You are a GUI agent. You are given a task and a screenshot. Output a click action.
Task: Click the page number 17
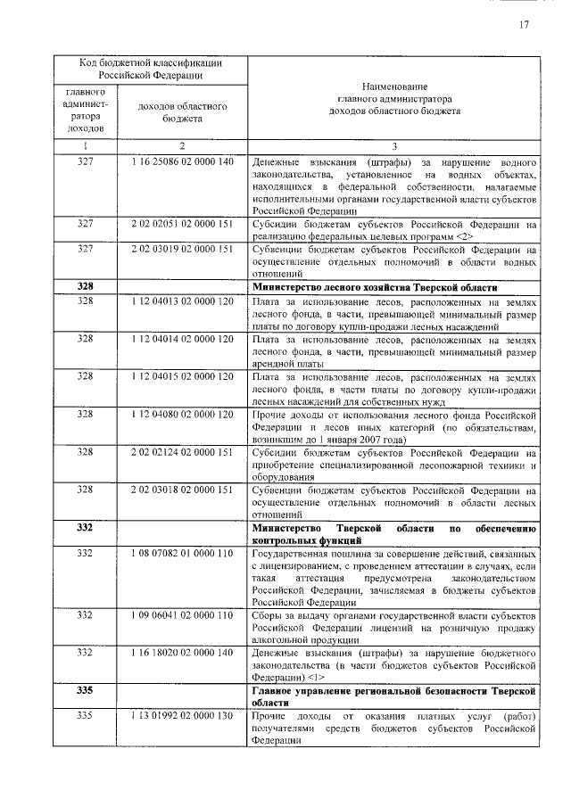525,25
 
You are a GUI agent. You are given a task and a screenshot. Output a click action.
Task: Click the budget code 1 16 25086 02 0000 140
181,164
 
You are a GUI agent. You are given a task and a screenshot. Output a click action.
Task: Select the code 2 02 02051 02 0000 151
181,225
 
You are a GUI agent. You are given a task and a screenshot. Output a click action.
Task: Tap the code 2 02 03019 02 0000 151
181,251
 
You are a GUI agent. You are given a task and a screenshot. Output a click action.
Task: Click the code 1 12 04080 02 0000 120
181,414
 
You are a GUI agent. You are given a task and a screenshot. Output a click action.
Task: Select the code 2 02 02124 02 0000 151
181,451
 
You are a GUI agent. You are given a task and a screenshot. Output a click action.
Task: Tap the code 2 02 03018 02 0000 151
181,489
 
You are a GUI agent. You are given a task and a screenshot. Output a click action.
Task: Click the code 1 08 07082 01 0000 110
181,553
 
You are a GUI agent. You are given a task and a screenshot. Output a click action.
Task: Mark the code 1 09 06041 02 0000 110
181,615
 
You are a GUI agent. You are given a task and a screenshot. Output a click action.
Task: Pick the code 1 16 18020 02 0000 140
181,653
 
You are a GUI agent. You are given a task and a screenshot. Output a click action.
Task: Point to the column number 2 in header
181,145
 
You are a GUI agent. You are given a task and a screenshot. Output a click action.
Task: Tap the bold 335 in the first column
85,691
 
